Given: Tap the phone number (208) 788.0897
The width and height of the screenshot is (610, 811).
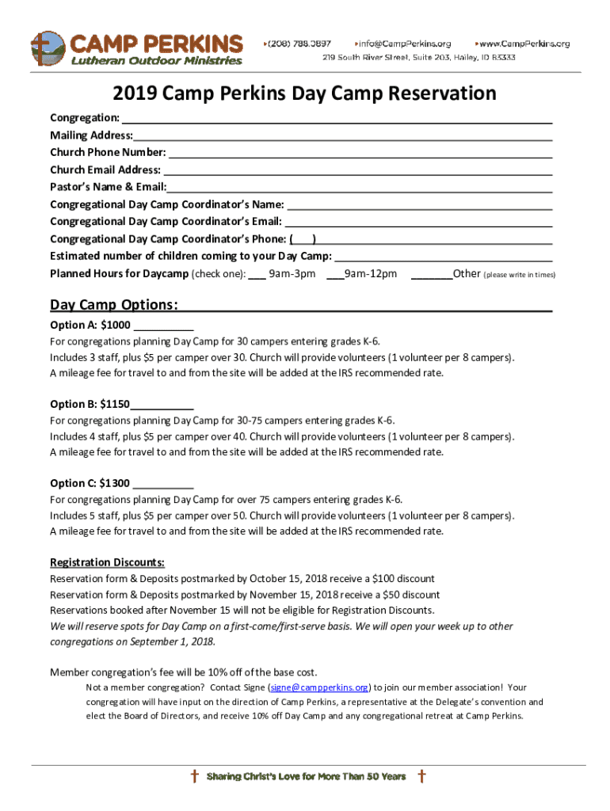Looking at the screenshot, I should coord(298,43).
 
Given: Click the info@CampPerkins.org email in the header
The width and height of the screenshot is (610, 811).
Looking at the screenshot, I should coord(404,43).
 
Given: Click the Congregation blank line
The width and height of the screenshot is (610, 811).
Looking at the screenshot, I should coord(336,119).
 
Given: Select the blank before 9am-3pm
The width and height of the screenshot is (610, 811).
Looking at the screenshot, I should coord(257,275).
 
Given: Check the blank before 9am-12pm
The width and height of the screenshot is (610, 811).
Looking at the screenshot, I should coord(334,275).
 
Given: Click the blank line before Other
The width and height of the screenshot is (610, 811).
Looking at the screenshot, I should coord(432,275).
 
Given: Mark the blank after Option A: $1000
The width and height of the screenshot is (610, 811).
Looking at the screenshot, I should coord(164,326).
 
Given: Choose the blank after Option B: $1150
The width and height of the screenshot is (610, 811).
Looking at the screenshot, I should coord(162,404).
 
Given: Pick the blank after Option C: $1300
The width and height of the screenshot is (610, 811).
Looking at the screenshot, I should coord(164,483).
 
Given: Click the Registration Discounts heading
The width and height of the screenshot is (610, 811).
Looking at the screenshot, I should coord(107,562).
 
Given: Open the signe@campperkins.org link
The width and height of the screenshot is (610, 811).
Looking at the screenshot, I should coord(319,687).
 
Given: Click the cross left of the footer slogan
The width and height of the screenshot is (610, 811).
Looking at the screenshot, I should coord(194,776).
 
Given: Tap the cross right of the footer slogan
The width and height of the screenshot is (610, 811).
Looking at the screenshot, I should coord(421,776).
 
